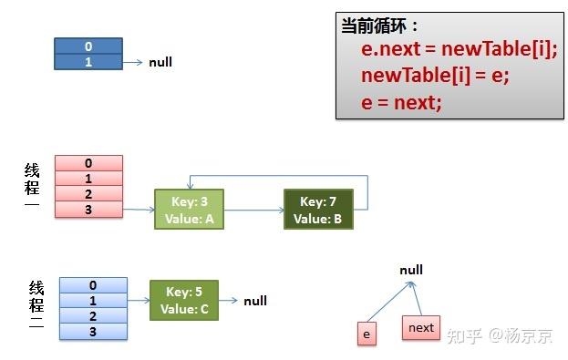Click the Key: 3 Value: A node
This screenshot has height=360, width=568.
[x=189, y=210]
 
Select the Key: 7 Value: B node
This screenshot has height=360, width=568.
[x=317, y=210]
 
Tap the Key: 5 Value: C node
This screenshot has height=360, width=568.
[x=184, y=301]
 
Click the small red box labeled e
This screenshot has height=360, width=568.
[x=367, y=334]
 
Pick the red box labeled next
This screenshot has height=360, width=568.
[x=421, y=327]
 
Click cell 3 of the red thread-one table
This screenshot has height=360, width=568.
[x=88, y=210]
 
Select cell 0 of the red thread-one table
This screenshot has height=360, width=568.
[x=88, y=163]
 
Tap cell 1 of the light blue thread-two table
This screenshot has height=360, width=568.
[x=92, y=301]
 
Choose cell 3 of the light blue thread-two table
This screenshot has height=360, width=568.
[x=92, y=331]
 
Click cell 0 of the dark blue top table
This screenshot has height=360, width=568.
[x=88, y=46]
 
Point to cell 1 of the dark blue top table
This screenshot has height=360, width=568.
[x=88, y=62]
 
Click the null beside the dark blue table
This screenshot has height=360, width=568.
[x=160, y=63]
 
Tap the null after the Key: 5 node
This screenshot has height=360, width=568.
[x=255, y=301]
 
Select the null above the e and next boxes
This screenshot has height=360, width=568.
[x=411, y=270]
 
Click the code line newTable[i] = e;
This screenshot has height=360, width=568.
[x=434, y=76]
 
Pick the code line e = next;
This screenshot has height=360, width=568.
[x=401, y=102]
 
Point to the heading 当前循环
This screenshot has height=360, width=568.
[x=379, y=26]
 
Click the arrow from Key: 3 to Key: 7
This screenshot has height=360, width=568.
[x=253, y=211]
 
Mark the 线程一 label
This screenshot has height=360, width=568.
[x=32, y=187]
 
